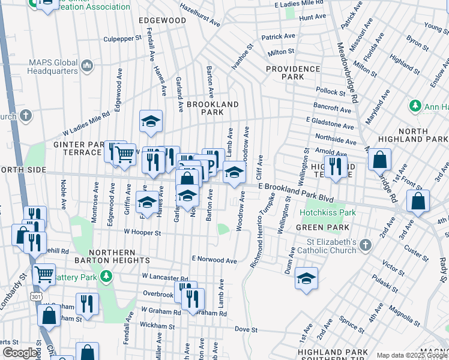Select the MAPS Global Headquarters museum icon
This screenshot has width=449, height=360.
coord(86,65)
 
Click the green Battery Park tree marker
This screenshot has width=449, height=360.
coord(106,276)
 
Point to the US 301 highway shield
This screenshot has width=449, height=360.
coord(35,296)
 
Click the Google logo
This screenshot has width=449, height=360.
coord(20,353)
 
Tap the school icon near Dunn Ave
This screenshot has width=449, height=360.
coord(306,278)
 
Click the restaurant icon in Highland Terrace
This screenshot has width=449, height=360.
coord(335,166)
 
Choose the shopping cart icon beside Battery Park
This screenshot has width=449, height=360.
coord(44,274)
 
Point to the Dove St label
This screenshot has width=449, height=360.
coord(246,329)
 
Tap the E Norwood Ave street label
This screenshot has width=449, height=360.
coord(214,259)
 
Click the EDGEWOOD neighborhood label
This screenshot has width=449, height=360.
coord(162,20)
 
